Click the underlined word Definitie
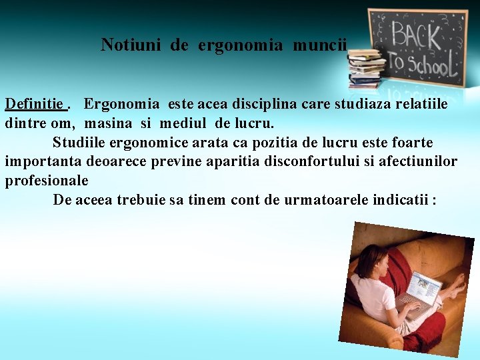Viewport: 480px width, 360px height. pyautogui.click(x=35, y=104)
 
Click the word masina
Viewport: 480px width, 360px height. pyautogui.click(x=109, y=123)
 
